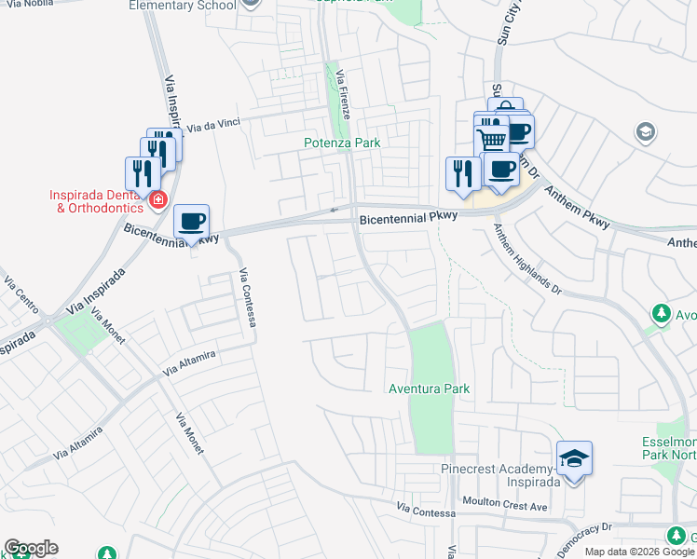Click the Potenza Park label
342,143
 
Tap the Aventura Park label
429,389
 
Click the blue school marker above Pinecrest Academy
575,458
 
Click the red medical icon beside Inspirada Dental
157,199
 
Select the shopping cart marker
491,139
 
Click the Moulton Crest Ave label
506,504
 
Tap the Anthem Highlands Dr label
527,261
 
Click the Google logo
31,548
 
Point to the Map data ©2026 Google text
639,552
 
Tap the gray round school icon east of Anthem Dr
645,132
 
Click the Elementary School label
184,6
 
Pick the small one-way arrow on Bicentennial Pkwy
335,211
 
